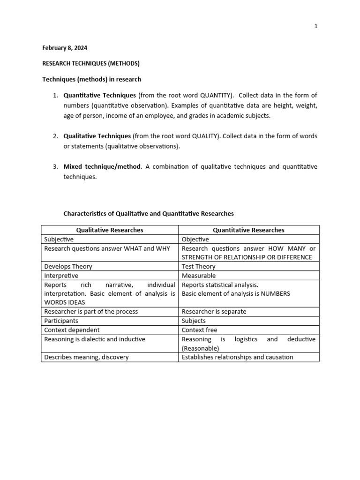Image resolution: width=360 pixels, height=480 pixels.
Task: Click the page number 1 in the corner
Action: [x=316, y=26]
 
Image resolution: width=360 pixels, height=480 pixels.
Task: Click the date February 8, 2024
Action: [x=65, y=48]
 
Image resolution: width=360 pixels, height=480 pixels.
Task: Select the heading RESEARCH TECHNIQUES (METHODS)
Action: [x=91, y=63]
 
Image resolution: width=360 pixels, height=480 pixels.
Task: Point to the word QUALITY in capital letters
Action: [x=205, y=136]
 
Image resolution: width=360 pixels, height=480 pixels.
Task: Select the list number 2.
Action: [x=55, y=136]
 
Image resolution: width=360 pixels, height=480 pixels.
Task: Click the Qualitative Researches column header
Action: [x=110, y=230]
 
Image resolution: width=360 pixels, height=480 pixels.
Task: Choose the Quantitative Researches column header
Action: [x=248, y=230]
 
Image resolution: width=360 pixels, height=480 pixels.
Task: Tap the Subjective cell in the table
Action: [x=59, y=239]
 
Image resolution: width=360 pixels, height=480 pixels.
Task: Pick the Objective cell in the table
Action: [x=195, y=239]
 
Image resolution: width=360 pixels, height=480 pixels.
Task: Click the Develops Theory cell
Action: [x=68, y=266]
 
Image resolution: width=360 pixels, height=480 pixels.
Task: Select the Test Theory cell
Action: [x=199, y=266]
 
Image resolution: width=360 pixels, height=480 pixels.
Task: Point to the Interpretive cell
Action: [x=61, y=276]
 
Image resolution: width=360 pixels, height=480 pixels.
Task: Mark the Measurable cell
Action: [x=199, y=276]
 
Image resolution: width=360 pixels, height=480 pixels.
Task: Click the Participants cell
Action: [x=61, y=321]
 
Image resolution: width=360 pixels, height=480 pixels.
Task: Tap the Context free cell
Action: [x=199, y=330]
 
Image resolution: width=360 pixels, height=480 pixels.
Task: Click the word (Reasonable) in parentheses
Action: [x=200, y=348]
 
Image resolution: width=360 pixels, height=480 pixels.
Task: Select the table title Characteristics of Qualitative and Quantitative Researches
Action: [x=148, y=213]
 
